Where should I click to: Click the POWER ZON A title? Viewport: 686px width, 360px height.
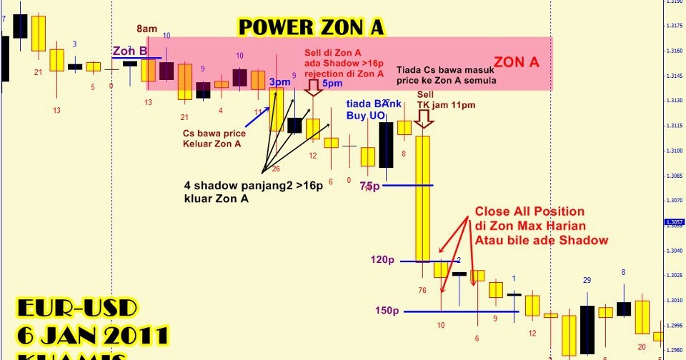(311, 28)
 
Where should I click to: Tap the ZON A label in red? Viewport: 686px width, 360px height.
(517, 62)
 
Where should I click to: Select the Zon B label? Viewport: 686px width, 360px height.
(130, 51)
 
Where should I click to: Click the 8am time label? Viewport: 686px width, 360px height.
(147, 29)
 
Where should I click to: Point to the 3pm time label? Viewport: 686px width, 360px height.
(279, 83)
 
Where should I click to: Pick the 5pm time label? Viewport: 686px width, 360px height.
(332, 84)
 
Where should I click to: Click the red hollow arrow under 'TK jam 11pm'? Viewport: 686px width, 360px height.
(424, 119)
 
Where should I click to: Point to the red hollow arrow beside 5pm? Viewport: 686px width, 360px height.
(313, 87)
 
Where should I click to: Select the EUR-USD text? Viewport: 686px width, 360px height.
(77, 310)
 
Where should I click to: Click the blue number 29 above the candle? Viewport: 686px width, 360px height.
(587, 280)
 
